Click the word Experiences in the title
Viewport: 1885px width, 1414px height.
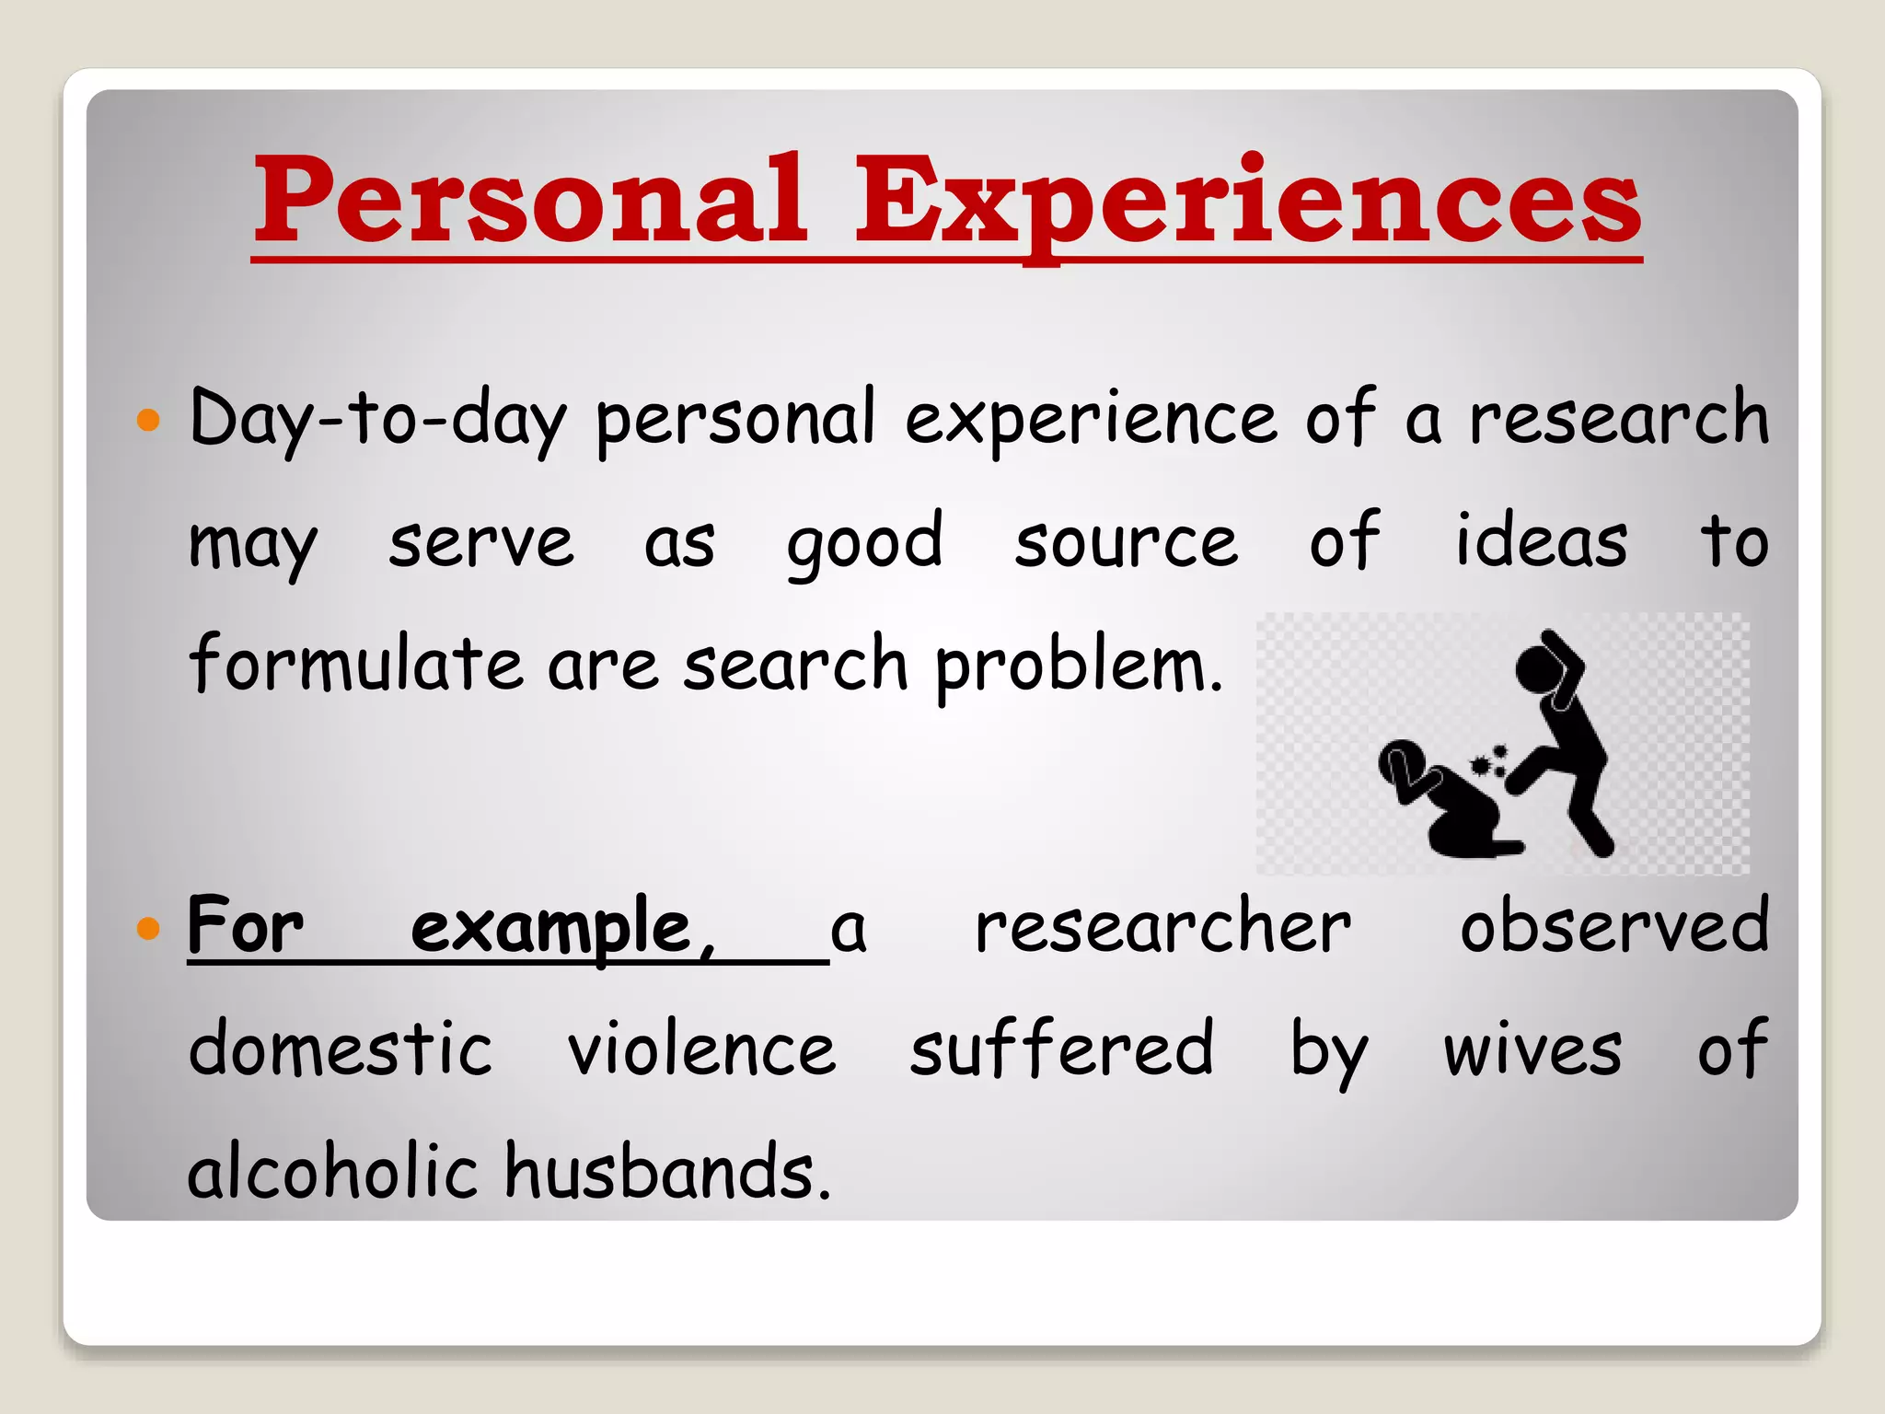pos(1247,201)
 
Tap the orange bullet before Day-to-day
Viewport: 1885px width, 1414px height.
pos(147,422)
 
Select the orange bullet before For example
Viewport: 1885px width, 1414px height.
pos(147,928)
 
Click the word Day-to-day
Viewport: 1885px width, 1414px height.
pos(377,420)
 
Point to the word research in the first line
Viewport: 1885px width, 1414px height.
pos(1618,420)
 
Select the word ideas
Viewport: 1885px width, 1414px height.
pos(1541,541)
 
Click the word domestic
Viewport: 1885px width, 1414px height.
pos(341,1049)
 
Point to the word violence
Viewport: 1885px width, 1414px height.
pos(701,1049)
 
